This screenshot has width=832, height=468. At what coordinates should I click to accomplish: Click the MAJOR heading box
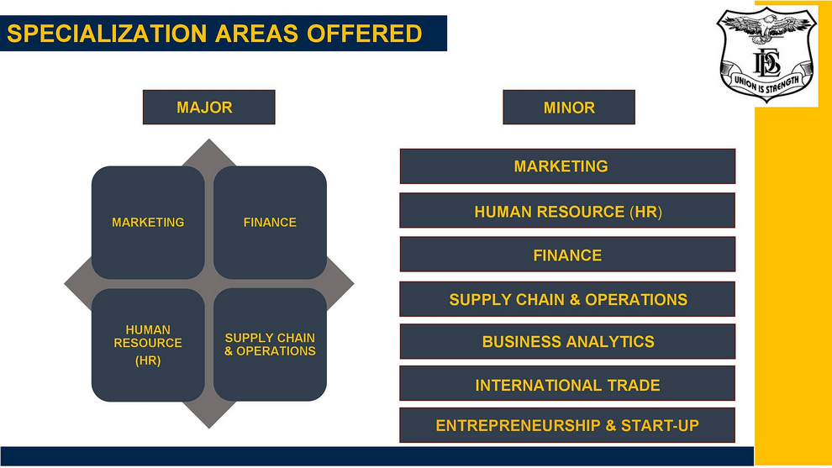click(209, 108)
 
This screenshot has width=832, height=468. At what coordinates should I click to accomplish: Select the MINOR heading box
click(569, 108)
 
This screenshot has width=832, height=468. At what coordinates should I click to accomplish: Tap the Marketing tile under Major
click(148, 223)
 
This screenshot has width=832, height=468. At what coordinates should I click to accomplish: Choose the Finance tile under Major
click(270, 223)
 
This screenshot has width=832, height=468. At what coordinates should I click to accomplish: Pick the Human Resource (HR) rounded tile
click(148, 344)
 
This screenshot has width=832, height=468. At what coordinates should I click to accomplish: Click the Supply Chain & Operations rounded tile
click(270, 344)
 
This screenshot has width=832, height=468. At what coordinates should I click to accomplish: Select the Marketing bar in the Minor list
click(567, 166)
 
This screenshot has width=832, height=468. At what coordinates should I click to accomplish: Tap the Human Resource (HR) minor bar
click(567, 211)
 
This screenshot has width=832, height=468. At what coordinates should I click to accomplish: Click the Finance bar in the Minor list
click(567, 255)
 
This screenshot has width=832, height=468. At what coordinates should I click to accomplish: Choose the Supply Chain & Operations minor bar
click(567, 299)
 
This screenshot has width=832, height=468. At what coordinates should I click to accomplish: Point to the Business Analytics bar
click(567, 341)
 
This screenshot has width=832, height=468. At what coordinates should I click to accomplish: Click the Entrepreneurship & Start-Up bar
click(567, 425)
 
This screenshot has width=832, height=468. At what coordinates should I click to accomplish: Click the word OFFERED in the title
click(364, 34)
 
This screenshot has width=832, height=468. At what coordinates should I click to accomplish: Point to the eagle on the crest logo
click(765, 26)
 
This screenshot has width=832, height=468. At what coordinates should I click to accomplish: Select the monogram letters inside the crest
click(766, 63)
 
